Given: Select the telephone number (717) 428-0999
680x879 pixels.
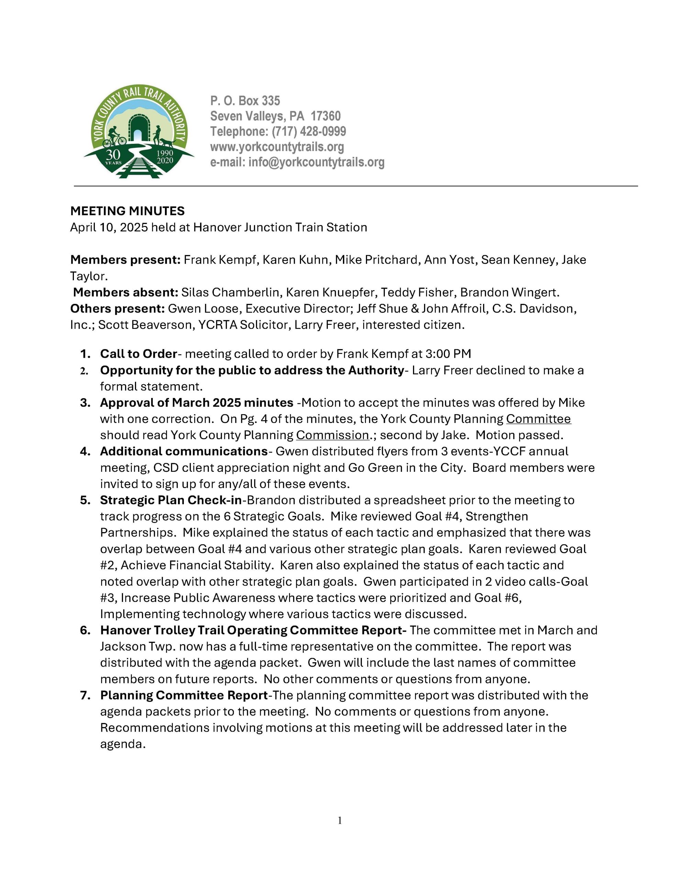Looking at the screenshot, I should [x=309, y=131].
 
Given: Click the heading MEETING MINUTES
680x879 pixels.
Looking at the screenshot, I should [x=127, y=211].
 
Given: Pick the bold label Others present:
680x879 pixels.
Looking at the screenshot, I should [x=117, y=309].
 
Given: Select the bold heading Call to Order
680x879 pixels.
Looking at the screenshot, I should [x=138, y=354].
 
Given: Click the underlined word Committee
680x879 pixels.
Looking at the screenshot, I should [x=538, y=419].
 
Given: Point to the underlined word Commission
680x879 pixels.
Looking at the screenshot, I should [x=332, y=435].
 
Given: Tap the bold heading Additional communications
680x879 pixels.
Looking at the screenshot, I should [x=184, y=452].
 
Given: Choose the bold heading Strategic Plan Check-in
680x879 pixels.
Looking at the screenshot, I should [x=171, y=500].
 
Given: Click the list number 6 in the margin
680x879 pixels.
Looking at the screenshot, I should [x=85, y=630].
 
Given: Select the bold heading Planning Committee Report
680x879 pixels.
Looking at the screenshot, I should [x=184, y=695].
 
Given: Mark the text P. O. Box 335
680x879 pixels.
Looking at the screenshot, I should [x=245, y=101].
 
